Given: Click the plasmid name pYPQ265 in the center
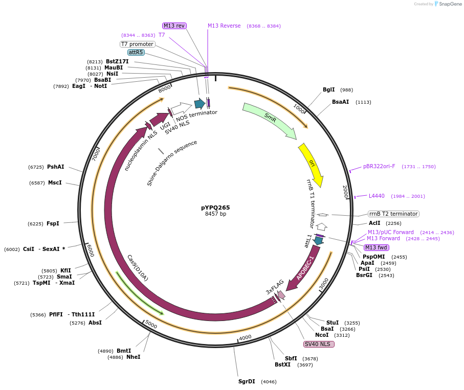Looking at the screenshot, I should (215, 208).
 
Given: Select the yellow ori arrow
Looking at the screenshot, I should (312, 164).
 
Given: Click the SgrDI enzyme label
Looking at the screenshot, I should (247, 381).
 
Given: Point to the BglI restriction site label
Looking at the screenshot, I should (328, 89).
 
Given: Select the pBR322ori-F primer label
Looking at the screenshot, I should (379, 166).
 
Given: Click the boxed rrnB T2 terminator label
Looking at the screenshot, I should (393, 214).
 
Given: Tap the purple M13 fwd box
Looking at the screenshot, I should (376, 247).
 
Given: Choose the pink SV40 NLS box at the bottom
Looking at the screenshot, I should (319, 344).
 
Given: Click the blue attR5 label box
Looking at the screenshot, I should (136, 52).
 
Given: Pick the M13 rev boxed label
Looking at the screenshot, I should (174, 26).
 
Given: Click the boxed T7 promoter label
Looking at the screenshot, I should (137, 44).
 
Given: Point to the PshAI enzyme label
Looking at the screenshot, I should (56, 167).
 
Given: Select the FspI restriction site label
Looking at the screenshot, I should (53, 223).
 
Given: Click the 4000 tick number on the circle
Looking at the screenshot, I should (246, 337).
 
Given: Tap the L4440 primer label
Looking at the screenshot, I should (377, 196).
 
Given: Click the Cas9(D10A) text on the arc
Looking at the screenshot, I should (138, 267).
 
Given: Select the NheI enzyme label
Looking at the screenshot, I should (133, 357).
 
